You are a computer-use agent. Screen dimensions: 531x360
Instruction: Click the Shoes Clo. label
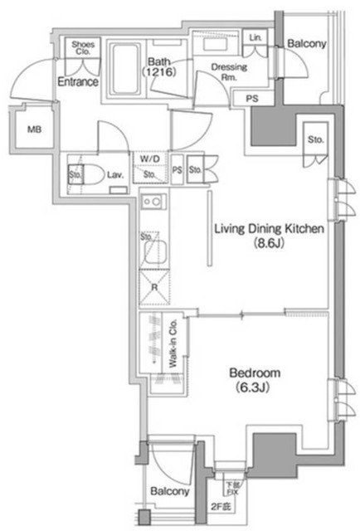pos(83,47)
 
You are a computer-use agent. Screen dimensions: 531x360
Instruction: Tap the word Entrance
pos(77,82)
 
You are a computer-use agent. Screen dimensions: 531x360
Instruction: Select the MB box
pos(33,129)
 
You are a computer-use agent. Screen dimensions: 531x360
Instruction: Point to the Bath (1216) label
pos(159,66)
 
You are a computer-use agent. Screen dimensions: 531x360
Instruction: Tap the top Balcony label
pos(307,43)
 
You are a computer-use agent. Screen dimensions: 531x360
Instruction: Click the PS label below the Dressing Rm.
pos(251,99)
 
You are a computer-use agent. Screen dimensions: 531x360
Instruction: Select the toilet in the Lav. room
pos(92,174)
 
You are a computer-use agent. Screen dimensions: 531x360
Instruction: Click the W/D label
pos(150,158)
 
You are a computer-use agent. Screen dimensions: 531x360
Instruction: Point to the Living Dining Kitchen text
pos(267,230)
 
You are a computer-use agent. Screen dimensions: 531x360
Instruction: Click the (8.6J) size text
pos(269,245)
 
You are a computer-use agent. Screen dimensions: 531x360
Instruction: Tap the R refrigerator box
pos(154,288)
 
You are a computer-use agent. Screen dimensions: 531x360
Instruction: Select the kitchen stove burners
pos(153,201)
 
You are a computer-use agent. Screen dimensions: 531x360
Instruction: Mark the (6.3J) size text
pos(256,388)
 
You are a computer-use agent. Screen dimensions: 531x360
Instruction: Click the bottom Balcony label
pos(170,492)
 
